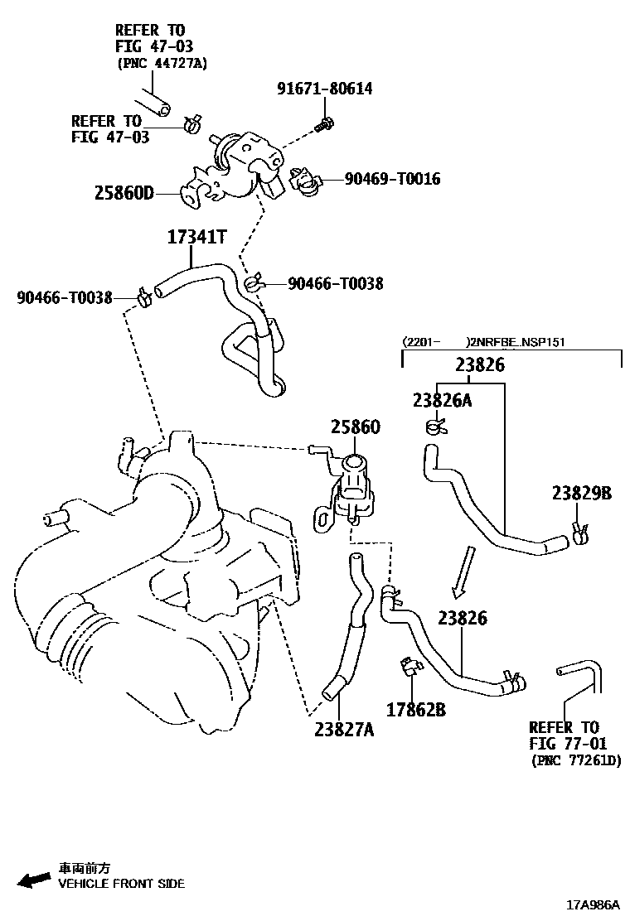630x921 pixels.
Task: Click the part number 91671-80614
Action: pyautogui.click(x=324, y=89)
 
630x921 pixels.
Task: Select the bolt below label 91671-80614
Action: pyautogui.click(x=323, y=124)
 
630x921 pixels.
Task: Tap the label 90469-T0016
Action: pyautogui.click(x=393, y=179)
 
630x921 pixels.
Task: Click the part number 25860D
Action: pyautogui.click(x=124, y=194)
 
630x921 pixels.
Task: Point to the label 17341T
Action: pyautogui.click(x=196, y=238)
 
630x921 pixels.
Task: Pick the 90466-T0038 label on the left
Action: pyautogui.click(x=64, y=297)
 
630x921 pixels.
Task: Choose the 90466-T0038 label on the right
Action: pyautogui.click(x=336, y=283)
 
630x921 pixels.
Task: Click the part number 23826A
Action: pyautogui.click(x=442, y=401)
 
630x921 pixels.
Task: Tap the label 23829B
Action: pyautogui.click(x=582, y=494)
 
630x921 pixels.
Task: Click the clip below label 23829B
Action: pyautogui.click(x=580, y=531)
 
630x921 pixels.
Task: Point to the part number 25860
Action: pyautogui.click(x=355, y=427)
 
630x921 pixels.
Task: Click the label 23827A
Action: pyautogui.click(x=344, y=729)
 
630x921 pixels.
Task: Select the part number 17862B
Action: pyautogui.click(x=416, y=710)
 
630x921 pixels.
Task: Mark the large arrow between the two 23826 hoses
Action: pyautogui.click(x=461, y=571)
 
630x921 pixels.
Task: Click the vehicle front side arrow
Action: pyautogui.click(x=33, y=880)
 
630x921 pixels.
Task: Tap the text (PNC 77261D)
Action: pyautogui.click(x=575, y=760)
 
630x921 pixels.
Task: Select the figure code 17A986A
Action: pyautogui.click(x=593, y=906)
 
